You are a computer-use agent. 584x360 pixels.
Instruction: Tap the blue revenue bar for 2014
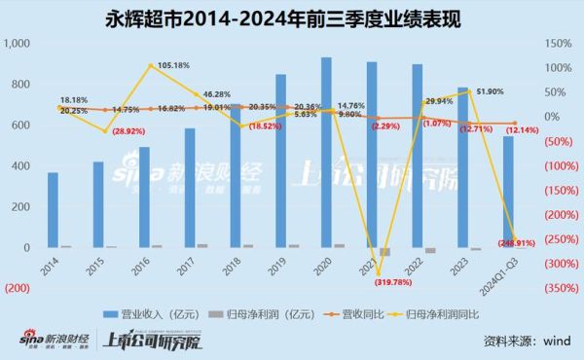click(53, 210)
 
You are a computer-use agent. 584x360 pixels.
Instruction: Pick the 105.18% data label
click(151, 66)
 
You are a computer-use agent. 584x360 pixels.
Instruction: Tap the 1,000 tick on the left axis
click(18, 45)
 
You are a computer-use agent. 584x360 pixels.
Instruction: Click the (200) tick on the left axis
click(17, 289)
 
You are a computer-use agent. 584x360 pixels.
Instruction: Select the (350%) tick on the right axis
click(558, 289)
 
